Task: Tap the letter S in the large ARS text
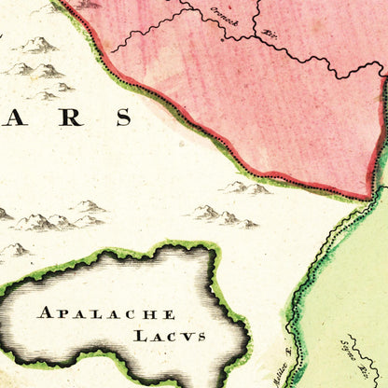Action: [121, 117]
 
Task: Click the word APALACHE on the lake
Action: [105, 312]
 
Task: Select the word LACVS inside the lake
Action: [169, 335]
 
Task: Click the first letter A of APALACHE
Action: [44, 312]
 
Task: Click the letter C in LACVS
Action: [170, 335]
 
